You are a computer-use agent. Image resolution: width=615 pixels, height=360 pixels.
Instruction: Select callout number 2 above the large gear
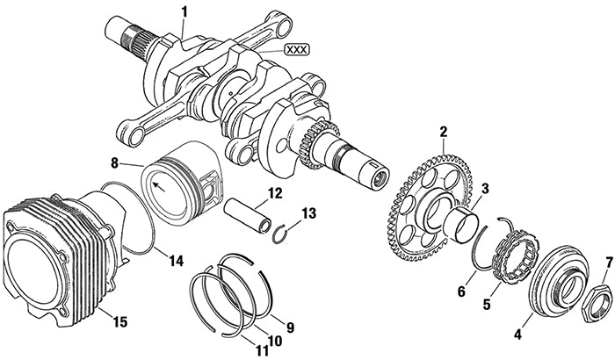point(444,132)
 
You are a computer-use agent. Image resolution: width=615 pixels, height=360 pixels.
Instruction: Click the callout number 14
point(177,261)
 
